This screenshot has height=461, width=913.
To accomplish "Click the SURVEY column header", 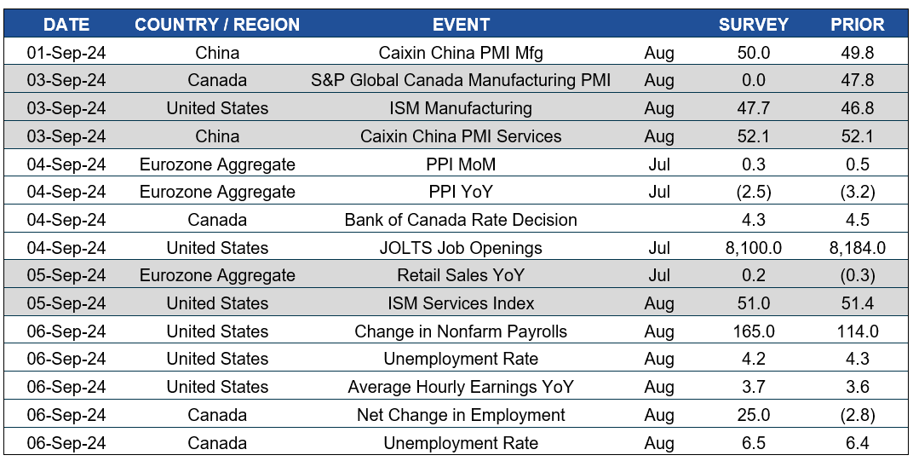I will point(753,25).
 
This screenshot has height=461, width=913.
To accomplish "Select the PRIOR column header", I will point(857,25).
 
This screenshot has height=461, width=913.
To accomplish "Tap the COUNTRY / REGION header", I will point(217,25).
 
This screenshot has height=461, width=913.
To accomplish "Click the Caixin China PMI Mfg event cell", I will point(461,53).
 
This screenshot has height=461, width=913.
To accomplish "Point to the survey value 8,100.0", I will point(753,248).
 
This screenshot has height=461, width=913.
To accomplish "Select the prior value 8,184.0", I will point(857,248).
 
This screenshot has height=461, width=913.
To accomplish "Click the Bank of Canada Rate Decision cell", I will point(461,220).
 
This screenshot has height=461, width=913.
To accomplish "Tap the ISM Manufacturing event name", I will point(461,108).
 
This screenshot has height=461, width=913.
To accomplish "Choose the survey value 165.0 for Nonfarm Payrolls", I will point(753,331).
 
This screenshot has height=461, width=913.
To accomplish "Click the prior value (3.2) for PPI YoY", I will point(857,192).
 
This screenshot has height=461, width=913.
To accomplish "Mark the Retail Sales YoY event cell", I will point(461,275).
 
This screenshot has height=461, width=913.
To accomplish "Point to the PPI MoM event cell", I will point(461,164).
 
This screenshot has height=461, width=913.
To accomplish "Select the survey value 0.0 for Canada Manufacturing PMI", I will point(753,80).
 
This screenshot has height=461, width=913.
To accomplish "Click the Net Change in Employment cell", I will point(461,415).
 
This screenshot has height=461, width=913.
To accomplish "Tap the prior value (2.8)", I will point(857,415).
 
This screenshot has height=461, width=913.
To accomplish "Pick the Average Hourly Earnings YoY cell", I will point(461,387).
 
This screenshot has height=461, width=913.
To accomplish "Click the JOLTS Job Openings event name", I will point(461,248).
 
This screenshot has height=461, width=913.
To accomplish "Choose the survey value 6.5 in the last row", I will point(753,443).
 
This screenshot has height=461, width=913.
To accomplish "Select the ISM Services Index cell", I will point(461,303).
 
